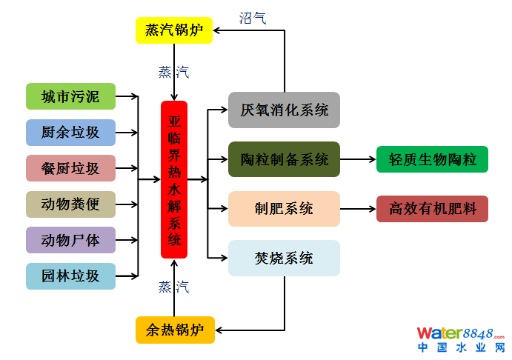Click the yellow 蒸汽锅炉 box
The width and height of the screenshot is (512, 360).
tap(174, 30)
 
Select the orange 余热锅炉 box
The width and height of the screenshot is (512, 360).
tap(175, 330)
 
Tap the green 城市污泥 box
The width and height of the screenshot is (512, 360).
tap(71, 96)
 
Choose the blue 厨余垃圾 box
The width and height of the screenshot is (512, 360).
tap(71, 133)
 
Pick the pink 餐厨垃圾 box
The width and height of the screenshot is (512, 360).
tap(71, 168)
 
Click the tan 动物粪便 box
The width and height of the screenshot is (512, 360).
tap(71, 204)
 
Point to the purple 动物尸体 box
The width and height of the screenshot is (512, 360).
tap(71, 240)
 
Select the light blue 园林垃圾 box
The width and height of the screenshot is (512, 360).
tap(71, 276)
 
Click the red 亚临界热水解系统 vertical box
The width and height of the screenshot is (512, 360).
tap(174, 180)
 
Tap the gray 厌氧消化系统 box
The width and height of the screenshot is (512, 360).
tap(284, 110)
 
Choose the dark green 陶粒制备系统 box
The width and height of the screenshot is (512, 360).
tap(284, 159)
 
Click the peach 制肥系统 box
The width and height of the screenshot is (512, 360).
tap(284, 209)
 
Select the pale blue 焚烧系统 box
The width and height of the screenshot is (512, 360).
tap(284, 259)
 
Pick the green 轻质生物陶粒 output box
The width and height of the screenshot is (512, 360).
tap(432, 159)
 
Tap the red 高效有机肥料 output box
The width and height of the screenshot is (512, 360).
tap(432, 209)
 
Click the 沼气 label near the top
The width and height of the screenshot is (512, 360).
tap(253, 18)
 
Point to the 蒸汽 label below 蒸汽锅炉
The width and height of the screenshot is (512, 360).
tap(173, 72)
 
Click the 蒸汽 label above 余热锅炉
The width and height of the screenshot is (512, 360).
tap(173, 287)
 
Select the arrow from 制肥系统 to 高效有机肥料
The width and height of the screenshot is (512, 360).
tap(358, 209)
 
